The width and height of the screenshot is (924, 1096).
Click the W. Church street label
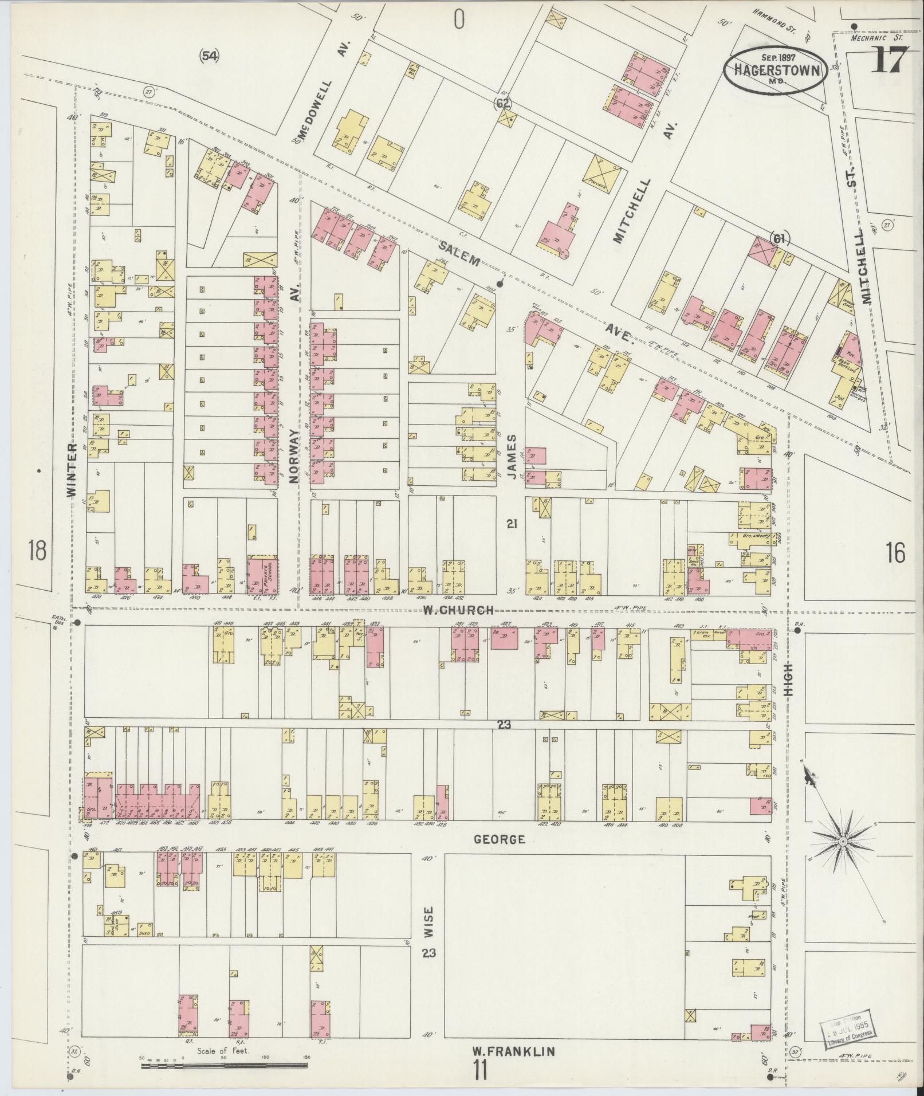click(458, 610)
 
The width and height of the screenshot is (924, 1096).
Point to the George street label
click(500, 839)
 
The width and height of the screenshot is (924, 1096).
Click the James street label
click(511, 455)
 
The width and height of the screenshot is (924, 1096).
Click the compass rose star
click(843, 841)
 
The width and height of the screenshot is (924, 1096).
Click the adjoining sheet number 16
click(895, 553)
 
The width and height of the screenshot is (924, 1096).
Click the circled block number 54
click(209, 56)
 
